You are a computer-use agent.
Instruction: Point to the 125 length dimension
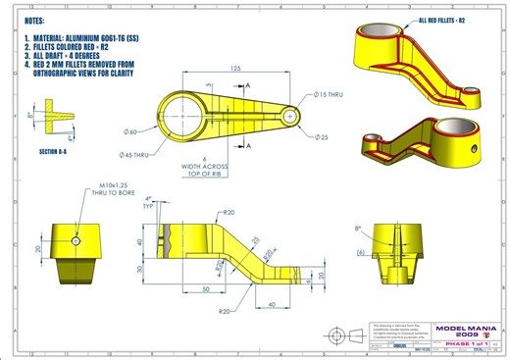tap(236, 70)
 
